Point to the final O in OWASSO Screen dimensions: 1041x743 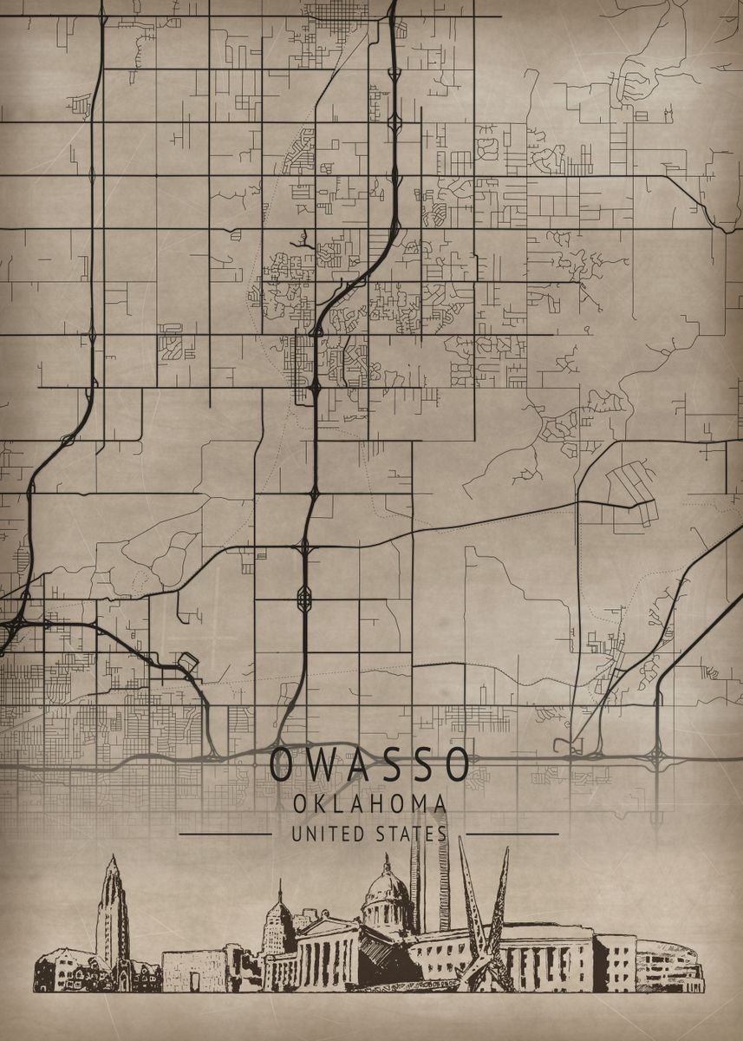pos(457,764)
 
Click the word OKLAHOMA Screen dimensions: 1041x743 pos(370,804)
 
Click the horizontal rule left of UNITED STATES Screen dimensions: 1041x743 pos(225,835)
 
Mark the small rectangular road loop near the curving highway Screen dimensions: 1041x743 pos(187,665)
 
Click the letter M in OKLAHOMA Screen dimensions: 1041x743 pos(417,804)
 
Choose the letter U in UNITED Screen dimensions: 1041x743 pos(297,835)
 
